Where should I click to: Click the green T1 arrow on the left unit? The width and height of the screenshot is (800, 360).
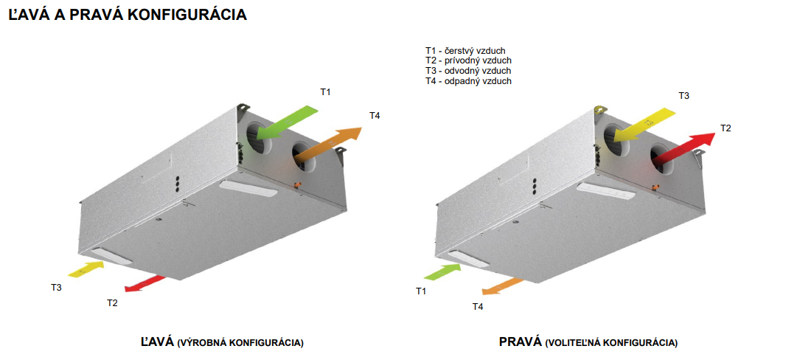click(287, 122)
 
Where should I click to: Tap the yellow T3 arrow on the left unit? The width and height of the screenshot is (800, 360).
click(86, 269)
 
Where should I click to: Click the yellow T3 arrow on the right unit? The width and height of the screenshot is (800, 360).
click(644, 124)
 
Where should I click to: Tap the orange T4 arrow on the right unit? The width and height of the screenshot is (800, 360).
click(503, 286)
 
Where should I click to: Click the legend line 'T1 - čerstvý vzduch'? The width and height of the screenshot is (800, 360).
click(465, 51)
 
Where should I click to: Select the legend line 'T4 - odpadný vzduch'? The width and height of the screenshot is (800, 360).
click(468, 80)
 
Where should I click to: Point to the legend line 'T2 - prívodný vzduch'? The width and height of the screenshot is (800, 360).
click(468, 60)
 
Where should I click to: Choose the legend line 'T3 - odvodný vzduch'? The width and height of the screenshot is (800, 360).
click(468, 71)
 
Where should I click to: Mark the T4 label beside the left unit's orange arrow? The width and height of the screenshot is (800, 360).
click(375, 116)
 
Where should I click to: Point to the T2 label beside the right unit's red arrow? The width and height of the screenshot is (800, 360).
click(726, 128)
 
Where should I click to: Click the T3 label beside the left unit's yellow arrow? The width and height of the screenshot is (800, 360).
click(56, 288)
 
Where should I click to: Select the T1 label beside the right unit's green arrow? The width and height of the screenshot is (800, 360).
click(420, 291)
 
